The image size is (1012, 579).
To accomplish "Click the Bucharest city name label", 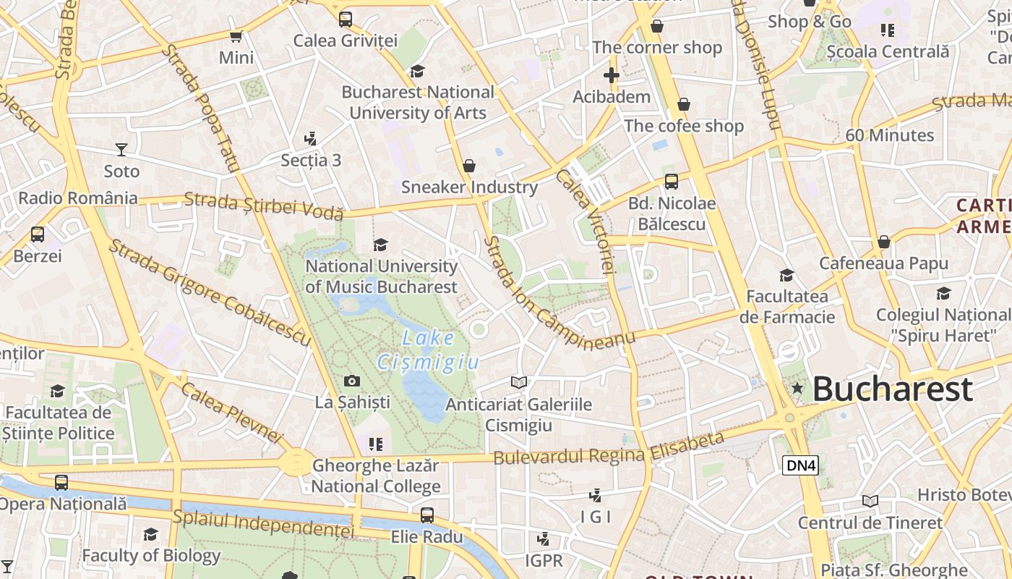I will pos(892,389).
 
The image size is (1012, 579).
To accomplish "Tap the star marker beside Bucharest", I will pos(797,389).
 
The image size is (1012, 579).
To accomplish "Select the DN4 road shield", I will pos(800,465).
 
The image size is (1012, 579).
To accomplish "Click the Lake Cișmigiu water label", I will pos(428,350).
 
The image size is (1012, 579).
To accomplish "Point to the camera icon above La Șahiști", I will pos(351,381).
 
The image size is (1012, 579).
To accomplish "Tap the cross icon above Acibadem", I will pos(612,75).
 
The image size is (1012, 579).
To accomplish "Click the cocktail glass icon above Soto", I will pos(121,150).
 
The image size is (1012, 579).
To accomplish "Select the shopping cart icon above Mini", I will pos(236,36).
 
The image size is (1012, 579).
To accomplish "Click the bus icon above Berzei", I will pos(37,234).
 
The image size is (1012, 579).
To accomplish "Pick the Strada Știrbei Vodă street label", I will pos(263,206).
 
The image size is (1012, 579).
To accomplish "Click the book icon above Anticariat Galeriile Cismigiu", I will pos(518,382).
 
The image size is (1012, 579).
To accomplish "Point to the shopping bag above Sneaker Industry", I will pos(469,166).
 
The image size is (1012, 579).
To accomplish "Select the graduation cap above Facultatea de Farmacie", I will pos(786,275).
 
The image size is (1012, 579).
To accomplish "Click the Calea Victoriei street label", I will pos(587,221).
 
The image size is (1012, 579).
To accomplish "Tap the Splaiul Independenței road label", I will pos(263,524).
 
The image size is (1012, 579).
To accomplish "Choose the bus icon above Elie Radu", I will pos(427,515).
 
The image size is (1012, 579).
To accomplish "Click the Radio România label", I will pos(77,198).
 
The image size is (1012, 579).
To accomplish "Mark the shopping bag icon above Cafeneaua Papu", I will pos(883,242).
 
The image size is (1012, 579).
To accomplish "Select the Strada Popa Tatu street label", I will pos(200,108).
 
